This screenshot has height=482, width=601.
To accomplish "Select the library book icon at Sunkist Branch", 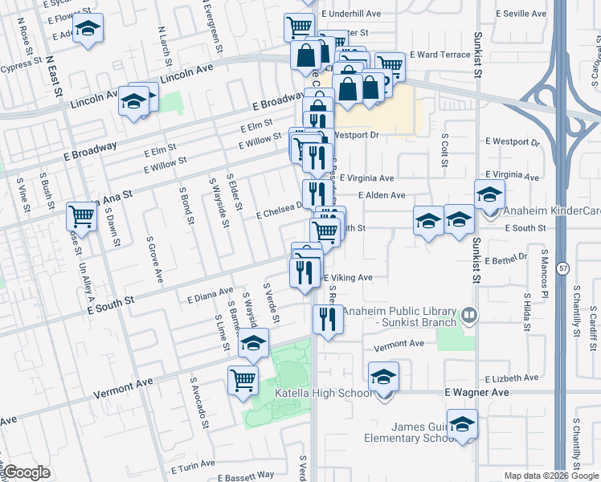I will pos(470,316).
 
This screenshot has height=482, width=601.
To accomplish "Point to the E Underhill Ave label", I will pos(351,14).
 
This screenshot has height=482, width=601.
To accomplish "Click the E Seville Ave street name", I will pos(525,14).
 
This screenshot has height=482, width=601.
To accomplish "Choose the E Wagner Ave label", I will pos(477,392).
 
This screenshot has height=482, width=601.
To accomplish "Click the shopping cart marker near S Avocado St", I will pos(243,380).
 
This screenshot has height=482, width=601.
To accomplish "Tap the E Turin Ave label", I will pos(190,464).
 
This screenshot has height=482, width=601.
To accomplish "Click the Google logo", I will pos(27,472).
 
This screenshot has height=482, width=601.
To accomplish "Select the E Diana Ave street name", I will pos(210,294).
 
